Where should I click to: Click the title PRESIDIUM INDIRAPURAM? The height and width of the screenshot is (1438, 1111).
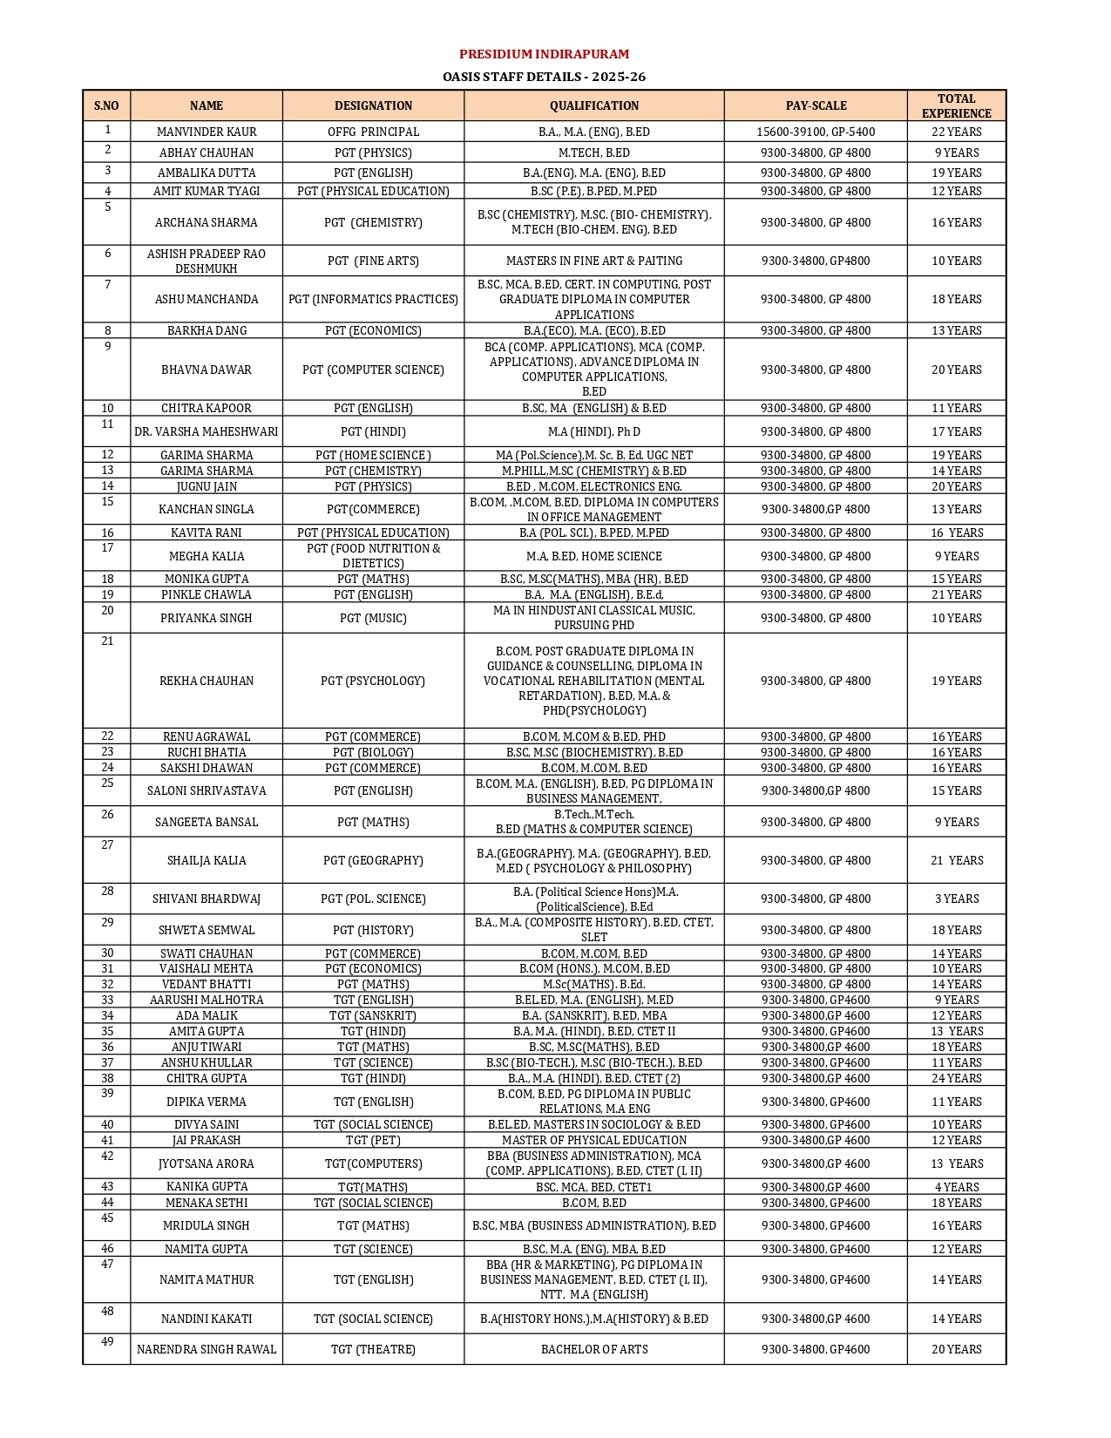point(544,54)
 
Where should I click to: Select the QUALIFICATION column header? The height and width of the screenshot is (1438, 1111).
point(593,105)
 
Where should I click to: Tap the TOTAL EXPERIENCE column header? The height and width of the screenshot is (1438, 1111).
point(956,105)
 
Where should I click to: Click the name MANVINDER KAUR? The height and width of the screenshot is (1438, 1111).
point(207,132)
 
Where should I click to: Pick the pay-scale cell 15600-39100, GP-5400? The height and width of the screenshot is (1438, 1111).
point(816,132)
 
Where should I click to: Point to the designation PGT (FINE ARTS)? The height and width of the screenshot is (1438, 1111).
point(373,261)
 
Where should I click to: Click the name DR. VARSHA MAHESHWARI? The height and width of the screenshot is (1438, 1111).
point(207,431)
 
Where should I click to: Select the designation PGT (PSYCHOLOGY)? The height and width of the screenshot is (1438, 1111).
point(373,681)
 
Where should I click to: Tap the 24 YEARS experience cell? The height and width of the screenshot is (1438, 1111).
point(956,1078)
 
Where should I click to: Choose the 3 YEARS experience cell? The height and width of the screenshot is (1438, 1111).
point(956,899)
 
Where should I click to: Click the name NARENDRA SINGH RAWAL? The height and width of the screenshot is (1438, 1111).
point(207,1349)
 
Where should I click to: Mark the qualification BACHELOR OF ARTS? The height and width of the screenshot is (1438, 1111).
point(593,1349)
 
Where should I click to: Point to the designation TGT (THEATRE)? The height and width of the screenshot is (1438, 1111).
point(373,1349)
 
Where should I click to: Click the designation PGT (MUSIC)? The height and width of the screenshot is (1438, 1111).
point(373,618)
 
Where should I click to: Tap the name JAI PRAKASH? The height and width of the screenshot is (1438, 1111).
point(207,1140)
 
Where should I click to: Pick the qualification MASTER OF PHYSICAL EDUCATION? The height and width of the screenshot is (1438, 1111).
point(593,1140)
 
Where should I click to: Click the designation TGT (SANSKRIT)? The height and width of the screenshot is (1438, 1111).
point(373,1015)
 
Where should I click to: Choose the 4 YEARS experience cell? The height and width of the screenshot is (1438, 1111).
point(956,1187)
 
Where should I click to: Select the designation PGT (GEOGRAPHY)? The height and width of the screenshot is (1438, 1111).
point(373,860)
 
